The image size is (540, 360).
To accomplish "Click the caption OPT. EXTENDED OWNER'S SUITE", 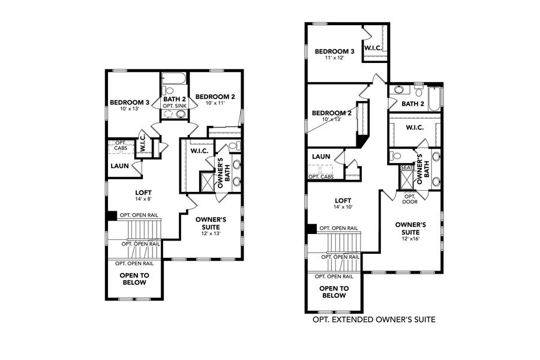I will (x=374, y=320).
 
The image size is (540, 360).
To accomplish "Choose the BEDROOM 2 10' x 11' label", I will (x=214, y=100).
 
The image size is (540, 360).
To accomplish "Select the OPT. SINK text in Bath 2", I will (x=175, y=106).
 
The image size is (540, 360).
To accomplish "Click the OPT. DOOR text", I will (x=410, y=199).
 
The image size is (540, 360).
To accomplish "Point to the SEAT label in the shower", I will (x=406, y=168).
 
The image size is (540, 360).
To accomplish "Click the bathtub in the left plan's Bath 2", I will (x=175, y=79).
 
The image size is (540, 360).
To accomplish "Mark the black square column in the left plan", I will (x=111, y=216).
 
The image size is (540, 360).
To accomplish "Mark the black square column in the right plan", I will (x=310, y=229).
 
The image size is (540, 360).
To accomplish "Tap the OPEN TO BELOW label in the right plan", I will (x=334, y=292).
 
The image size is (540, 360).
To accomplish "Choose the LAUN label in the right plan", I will (x=321, y=157).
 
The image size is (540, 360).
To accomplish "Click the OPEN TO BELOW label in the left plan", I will (x=134, y=279).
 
